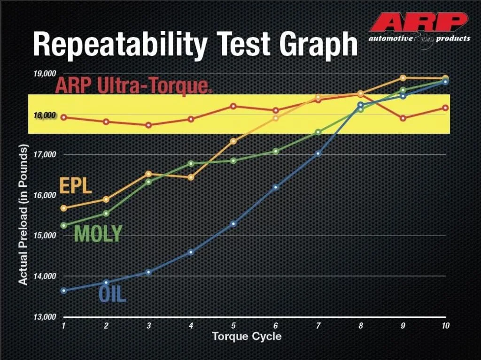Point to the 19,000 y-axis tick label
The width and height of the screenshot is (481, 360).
point(45,74)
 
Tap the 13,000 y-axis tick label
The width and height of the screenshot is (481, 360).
point(45,317)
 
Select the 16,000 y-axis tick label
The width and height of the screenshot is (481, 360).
point(45,195)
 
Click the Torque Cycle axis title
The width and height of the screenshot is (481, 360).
point(247,337)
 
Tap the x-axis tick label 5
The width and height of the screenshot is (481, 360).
point(233,326)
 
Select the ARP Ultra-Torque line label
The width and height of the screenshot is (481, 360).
point(132,85)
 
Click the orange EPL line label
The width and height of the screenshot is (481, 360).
point(75,186)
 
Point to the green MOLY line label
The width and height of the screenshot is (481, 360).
point(98,233)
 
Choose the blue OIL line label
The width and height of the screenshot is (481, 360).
point(112,295)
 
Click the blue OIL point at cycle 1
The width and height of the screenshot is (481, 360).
point(63,291)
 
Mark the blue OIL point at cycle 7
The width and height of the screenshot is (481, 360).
point(318,153)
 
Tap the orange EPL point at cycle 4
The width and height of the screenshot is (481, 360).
point(191,177)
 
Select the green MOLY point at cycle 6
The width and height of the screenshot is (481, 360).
point(276,151)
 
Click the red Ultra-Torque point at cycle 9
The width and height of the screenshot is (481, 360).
point(403,118)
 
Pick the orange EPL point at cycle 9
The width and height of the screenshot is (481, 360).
point(403,78)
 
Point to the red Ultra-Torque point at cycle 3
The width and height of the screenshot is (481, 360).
point(148,125)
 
